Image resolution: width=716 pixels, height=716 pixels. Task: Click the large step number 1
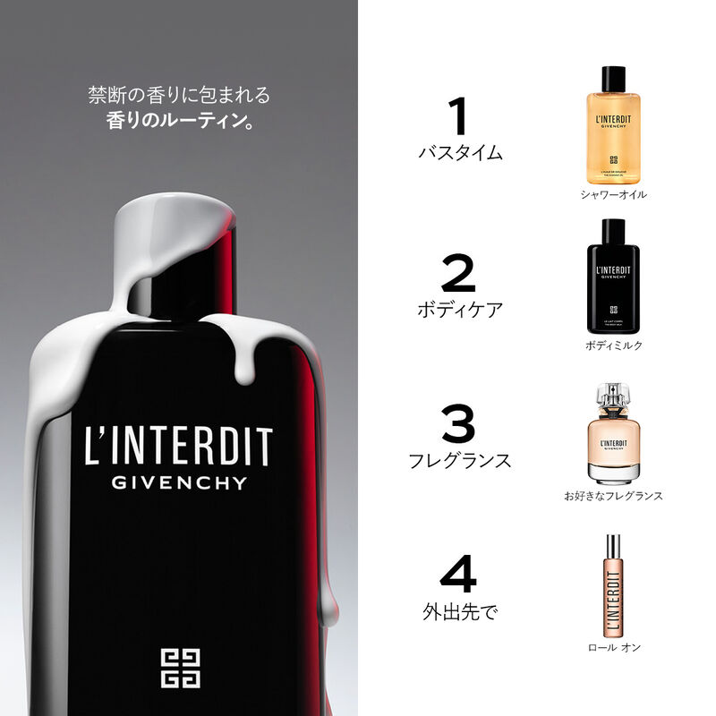[x=459, y=117]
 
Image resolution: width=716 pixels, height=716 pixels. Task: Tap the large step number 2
[x=459, y=275]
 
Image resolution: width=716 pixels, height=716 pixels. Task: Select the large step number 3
[x=459, y=425]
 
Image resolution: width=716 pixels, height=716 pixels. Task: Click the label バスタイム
[x=460, y=153]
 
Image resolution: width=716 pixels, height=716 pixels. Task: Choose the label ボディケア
[x=460, y=310]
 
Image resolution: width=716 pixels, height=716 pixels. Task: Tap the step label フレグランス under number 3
[x=460, y=461]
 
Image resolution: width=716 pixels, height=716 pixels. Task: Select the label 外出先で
[x=459, y=613]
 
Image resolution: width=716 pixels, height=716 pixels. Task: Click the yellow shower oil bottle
[x=613, y=134]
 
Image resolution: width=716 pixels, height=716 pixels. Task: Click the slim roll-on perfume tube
[x=613, y=586]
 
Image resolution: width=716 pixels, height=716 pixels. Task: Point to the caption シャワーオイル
[x=613, y=194]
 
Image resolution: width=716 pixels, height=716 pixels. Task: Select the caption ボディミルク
[x=613, y=345]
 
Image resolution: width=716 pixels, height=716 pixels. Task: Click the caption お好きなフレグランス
[x=613, y=495]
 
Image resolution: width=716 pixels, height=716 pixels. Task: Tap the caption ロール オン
[x=613, y=647]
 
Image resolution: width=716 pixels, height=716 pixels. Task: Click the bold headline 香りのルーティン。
[x=179, y=119]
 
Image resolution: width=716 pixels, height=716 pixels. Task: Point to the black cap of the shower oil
[x=613, y=78]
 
